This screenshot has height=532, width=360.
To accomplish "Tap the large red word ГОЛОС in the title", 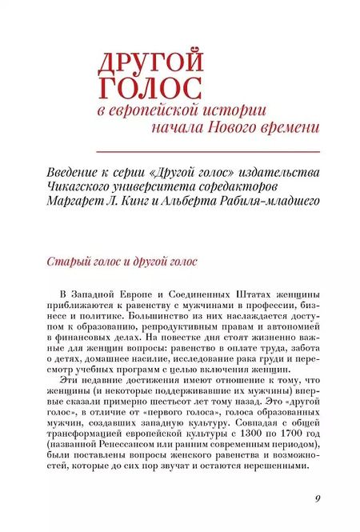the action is [x=149, y=86].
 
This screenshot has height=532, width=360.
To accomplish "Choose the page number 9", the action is [x=318, y=500].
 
